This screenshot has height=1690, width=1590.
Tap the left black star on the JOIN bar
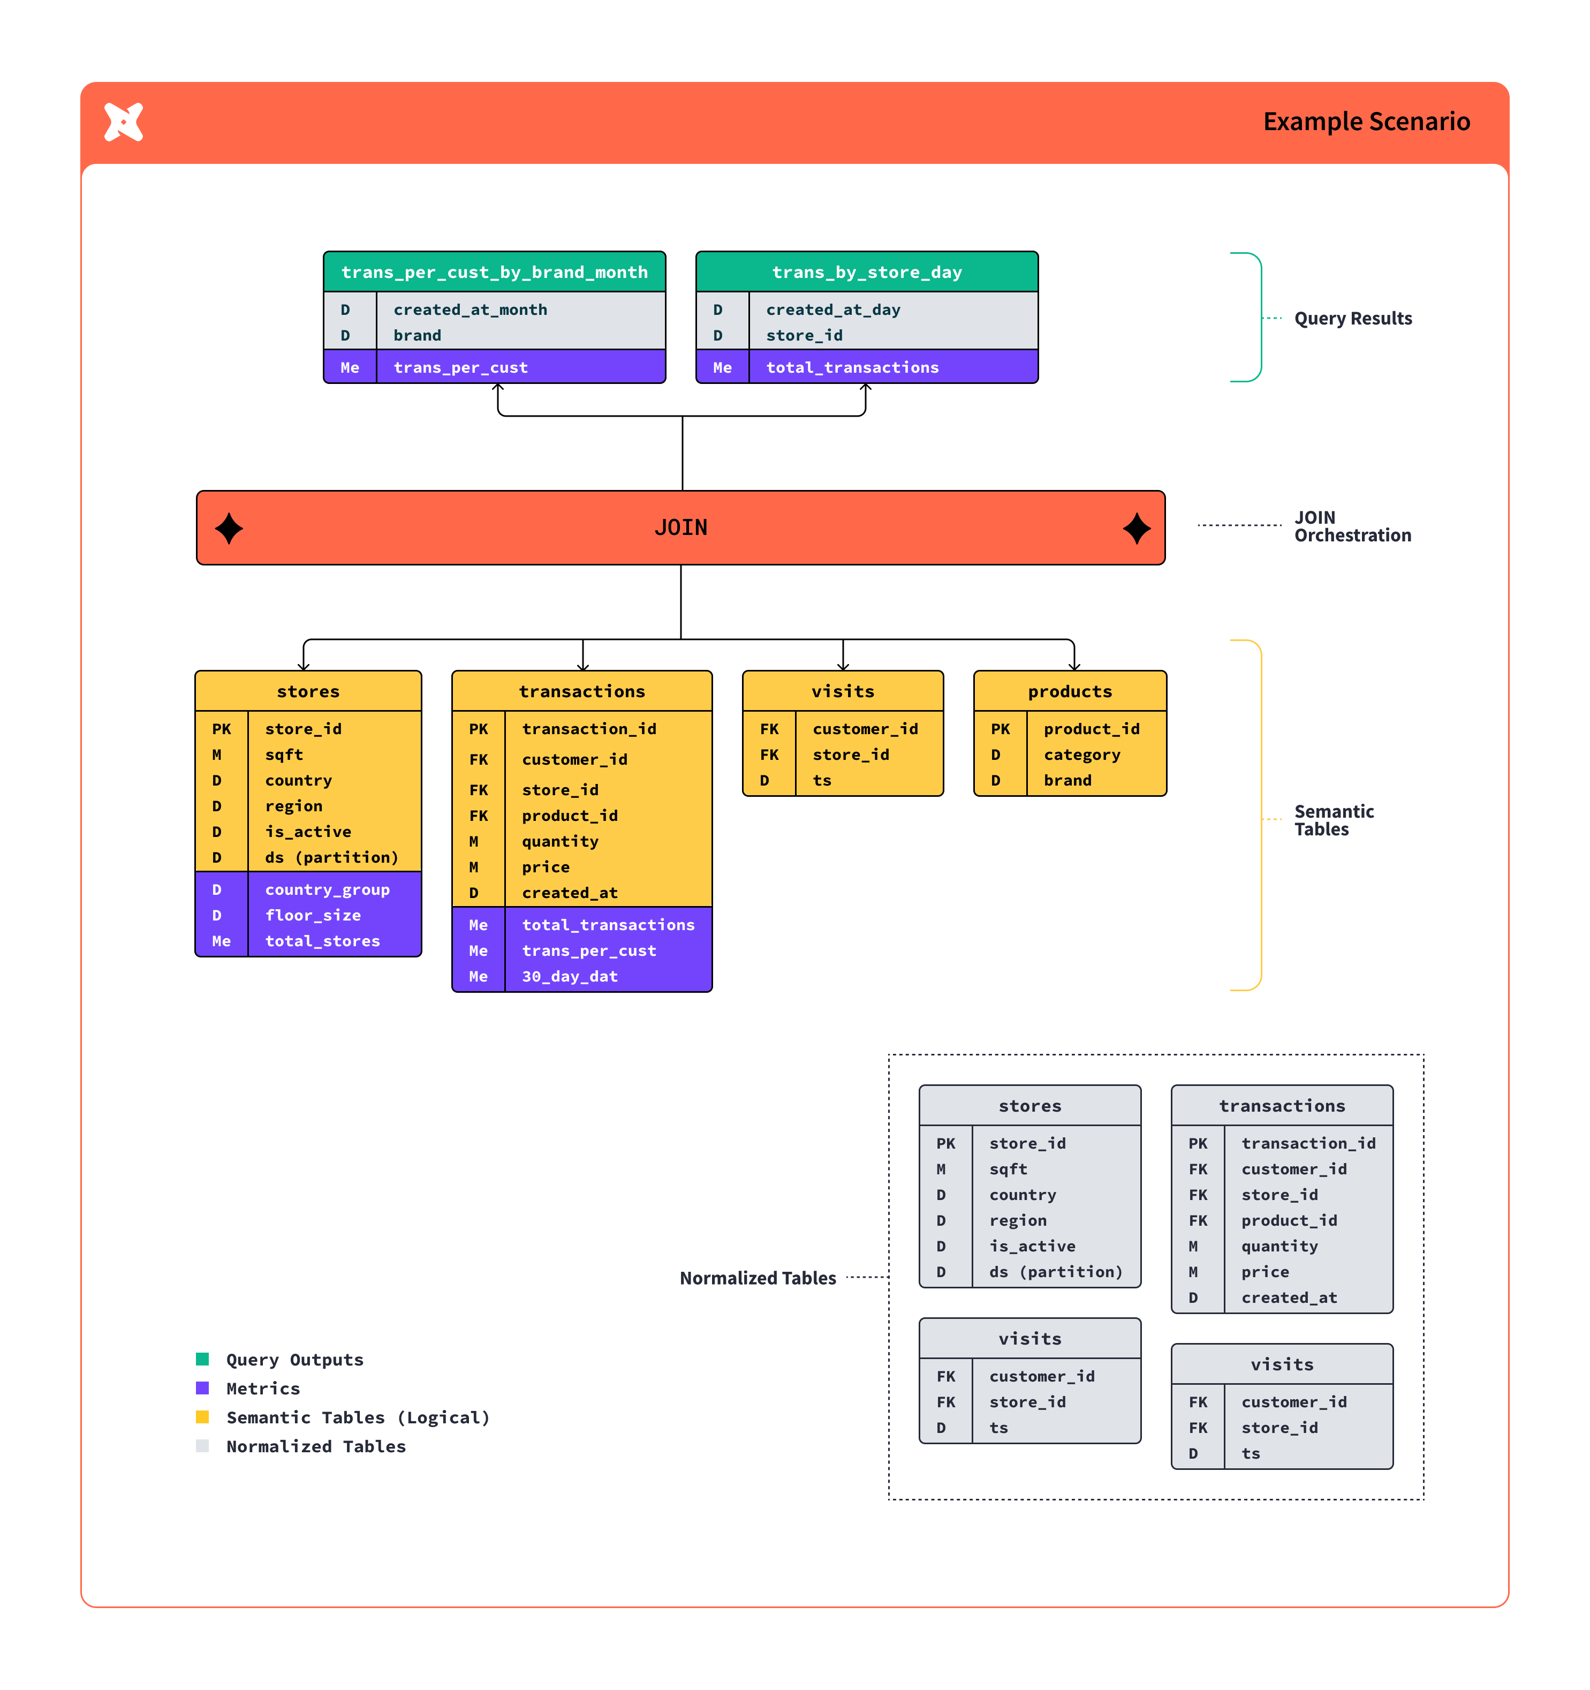pyautogui.click(x=229, y=528)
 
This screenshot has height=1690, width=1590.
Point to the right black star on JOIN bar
pyautogui.click(x=1135, y=528)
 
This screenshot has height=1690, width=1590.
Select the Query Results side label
pyautogui.click(x=1352, y=319)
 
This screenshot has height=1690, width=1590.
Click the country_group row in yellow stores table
pyautogui.click(x=327, y=889)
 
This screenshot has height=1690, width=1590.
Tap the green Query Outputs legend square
pyautogui.click(x=202, y=1359)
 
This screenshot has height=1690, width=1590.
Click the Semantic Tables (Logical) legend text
pyautogui.click(x=358, y=1417)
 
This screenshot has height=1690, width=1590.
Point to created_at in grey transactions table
pyautogui.click(x=1288, y=1297)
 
